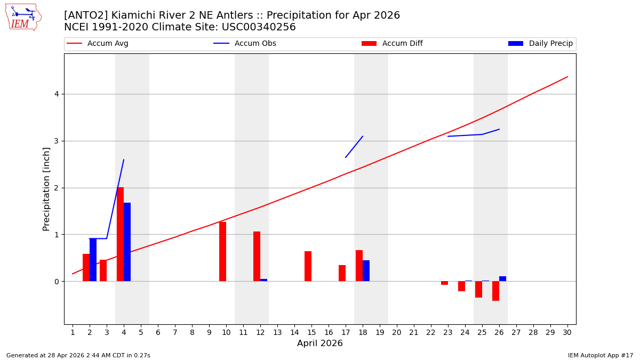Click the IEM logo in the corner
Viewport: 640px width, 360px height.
pos(23,17)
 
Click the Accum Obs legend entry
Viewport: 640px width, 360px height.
pos(245,44)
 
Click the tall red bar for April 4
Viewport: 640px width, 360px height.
pos(120,234)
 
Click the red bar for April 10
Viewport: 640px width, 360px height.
pos(222,251)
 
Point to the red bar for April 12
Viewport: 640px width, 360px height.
pos(257,256)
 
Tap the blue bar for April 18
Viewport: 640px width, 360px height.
pos(366,270)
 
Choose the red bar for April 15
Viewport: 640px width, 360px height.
pos(308,266)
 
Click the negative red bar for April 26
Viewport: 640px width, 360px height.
pos(495,291)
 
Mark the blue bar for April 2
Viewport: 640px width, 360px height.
pos(93,260)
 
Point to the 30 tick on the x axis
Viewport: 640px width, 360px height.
pos(567,332)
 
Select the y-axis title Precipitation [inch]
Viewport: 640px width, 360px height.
pos(46,189)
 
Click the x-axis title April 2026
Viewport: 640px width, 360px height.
pos(319,343)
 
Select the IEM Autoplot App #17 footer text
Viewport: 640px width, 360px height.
pos(600,355)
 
